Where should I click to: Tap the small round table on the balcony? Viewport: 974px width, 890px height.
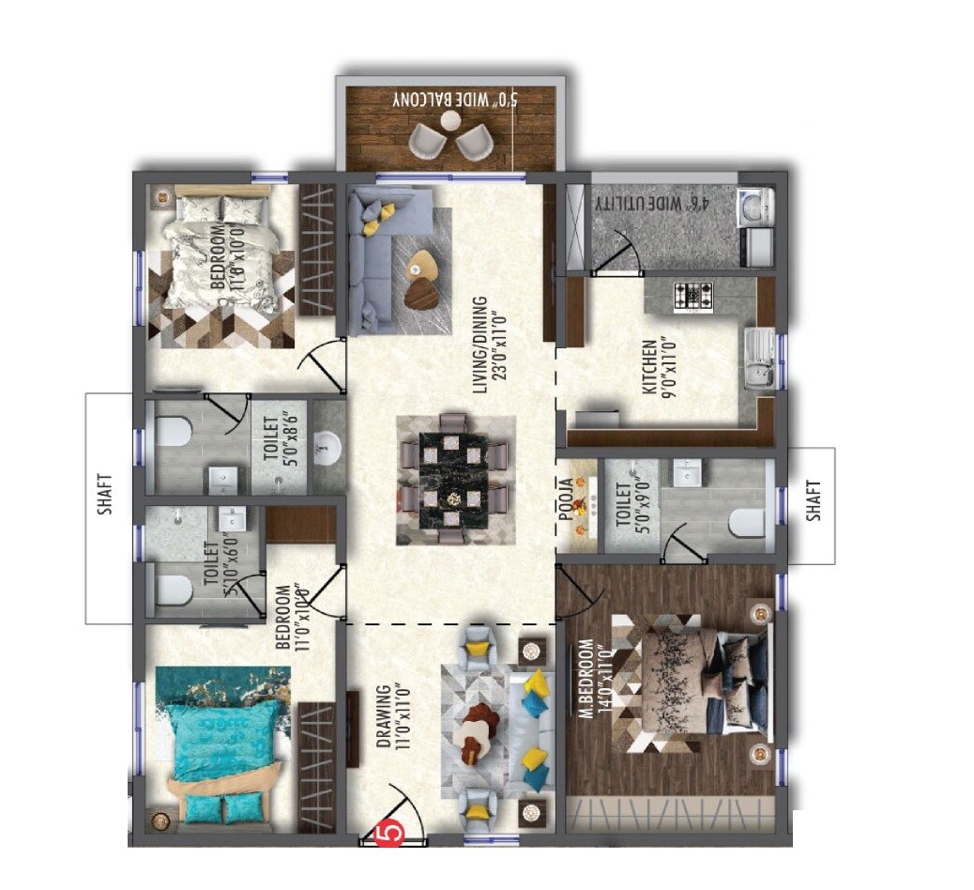[x=452, y=120]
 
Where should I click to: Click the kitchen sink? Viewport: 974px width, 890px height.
[x=758, y=360]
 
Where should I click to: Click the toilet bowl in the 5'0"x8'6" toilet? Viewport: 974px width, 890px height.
[x=172, y=432]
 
